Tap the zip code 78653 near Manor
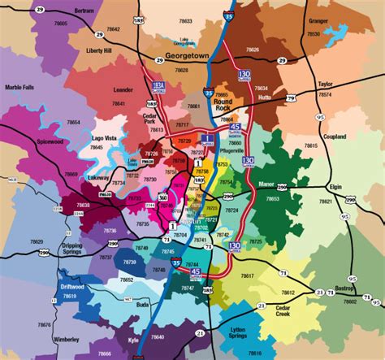pos(273,198)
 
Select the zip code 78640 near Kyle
pos(157,336)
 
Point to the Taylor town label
pos(326,84)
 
